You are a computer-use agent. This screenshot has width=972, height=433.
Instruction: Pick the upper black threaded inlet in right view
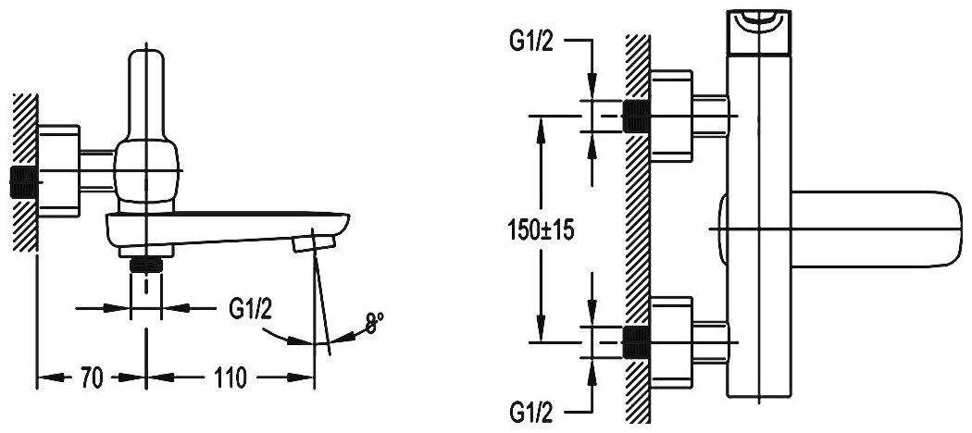[636, 116]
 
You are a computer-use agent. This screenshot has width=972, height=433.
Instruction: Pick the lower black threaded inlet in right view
[636, 341]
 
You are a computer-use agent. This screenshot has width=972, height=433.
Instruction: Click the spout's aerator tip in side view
[311, 243]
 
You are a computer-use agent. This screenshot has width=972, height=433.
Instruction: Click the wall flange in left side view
[59, 167]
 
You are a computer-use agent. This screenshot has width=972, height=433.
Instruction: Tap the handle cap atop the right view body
[761, 26]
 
